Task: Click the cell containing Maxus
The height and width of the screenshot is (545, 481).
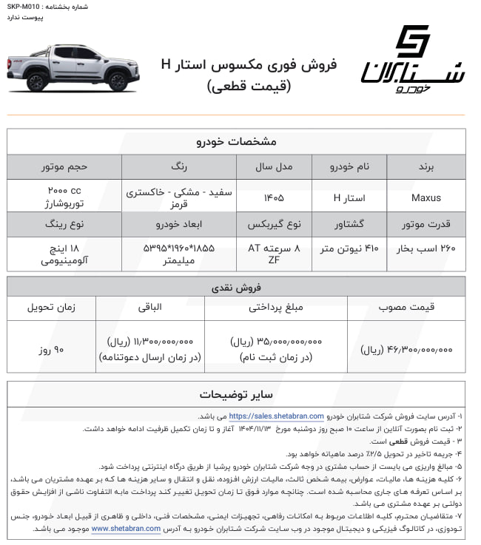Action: pos(425,197)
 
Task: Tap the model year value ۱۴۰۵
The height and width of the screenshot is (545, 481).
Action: pos(271,197)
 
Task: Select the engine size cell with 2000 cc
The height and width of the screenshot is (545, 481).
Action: pos(64,197)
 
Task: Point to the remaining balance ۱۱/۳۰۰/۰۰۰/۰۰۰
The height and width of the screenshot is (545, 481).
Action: pos(145,342)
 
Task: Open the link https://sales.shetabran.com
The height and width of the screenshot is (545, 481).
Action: pos(276,416)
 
